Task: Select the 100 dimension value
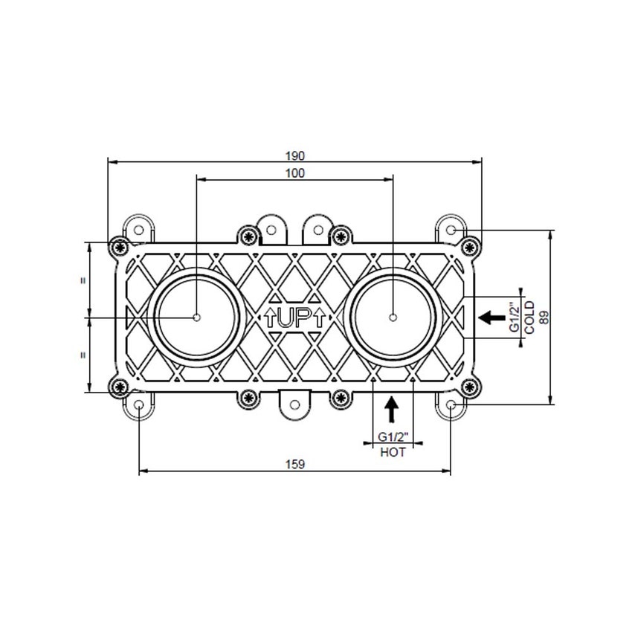295,173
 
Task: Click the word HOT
393,451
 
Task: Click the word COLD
529,317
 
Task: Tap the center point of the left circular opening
196,317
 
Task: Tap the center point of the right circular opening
393,317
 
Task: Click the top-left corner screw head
117,246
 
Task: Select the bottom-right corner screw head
468,387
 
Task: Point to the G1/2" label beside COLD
514,317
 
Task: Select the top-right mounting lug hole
452,230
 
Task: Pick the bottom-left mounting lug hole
140,404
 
